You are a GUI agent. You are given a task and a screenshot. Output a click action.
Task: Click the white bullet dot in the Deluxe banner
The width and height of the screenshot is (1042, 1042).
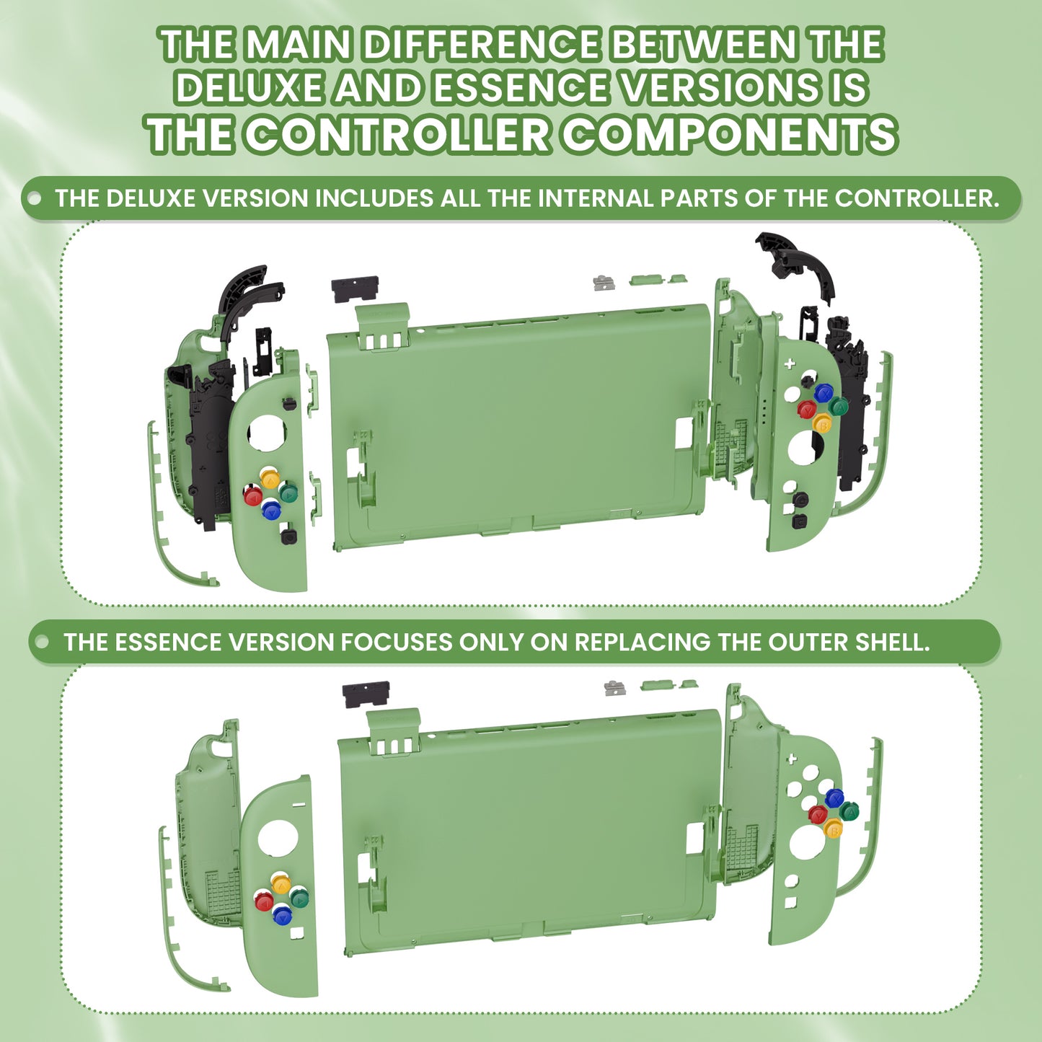point(34,198)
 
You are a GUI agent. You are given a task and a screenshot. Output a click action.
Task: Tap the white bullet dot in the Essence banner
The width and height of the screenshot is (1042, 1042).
point(42,642)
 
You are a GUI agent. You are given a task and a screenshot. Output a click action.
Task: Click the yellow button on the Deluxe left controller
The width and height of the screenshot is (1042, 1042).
point(270,477)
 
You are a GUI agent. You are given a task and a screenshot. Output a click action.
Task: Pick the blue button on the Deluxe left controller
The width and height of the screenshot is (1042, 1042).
point(271,510)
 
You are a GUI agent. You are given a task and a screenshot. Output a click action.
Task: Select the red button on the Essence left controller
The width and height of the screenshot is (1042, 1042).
point(264,901)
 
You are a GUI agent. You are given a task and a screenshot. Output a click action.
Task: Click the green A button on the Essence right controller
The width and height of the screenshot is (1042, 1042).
point(849,811)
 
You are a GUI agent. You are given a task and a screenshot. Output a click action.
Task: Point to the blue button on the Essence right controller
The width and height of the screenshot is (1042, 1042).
point(834,798)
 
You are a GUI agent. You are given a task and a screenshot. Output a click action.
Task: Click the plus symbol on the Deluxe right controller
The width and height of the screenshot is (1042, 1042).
point(790,363)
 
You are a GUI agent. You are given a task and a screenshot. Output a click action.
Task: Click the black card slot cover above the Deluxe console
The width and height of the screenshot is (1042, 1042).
point(355,289)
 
